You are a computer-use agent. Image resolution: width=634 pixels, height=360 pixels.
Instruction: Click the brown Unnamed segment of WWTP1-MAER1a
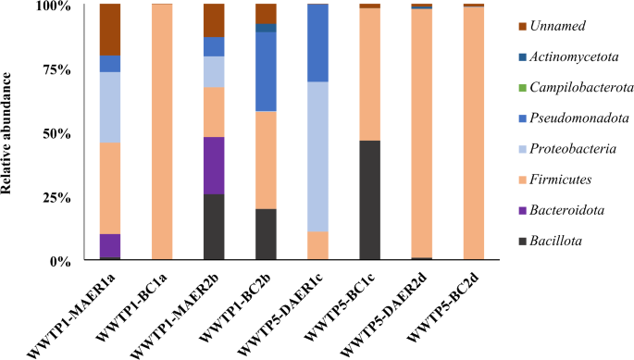pyautogui.click(x=110, y=29)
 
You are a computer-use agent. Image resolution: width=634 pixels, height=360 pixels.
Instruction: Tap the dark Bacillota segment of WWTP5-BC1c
pyautogui.click(x=370, y=200)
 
